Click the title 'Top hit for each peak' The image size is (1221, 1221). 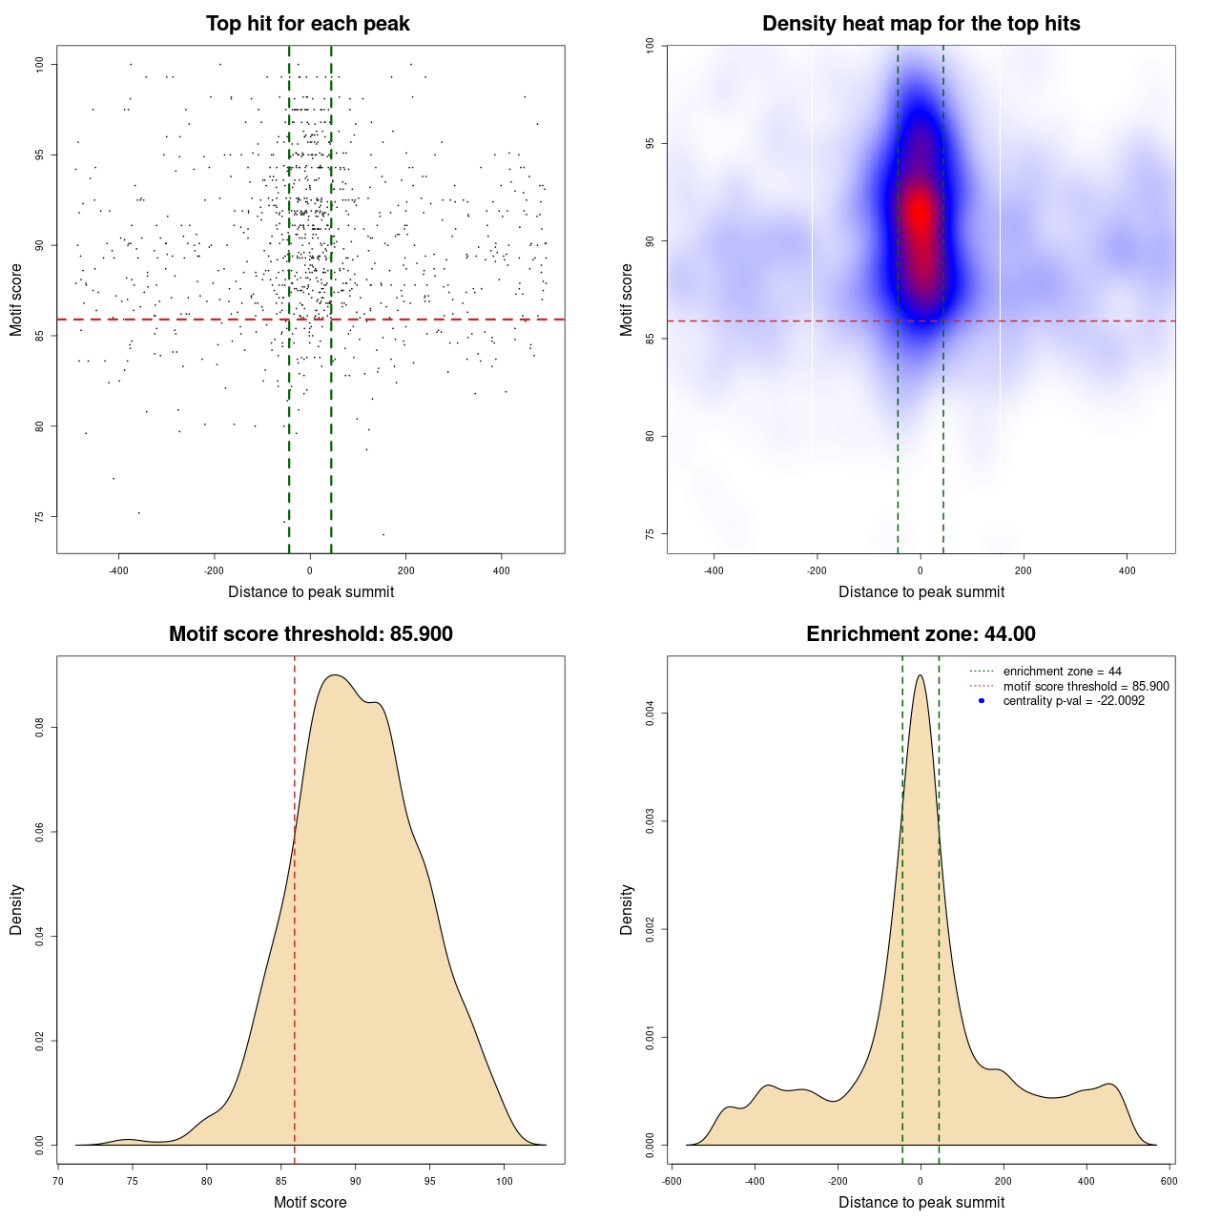coord(308,24)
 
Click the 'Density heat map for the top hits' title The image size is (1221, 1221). coord(921,24)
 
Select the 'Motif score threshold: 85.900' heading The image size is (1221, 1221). coord(310,634)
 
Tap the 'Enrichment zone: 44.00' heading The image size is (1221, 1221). coord(921,634)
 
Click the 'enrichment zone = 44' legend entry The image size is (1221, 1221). coord(1062,672)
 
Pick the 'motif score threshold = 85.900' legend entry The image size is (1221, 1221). coord(1086,686)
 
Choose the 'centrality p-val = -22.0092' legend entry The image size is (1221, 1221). coord(1073,701)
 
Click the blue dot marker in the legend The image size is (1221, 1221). coord(982,701)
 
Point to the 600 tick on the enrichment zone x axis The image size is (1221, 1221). coord(1169,1181)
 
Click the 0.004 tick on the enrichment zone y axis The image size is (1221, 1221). coord(651,714)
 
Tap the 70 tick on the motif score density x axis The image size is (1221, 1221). coord(58,1181)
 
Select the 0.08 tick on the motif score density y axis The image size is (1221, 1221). coord(40,728)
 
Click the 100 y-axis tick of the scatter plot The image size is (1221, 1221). coord(40,64)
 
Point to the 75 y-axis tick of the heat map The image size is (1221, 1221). coord(651,533)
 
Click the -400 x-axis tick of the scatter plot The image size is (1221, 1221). coord(118,570)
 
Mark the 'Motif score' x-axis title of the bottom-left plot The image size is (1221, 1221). coord(310,1202)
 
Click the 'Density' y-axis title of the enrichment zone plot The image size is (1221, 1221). coord(627,909)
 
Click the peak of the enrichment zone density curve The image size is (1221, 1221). coord(920,675)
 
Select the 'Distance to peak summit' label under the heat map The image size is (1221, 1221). coord(921,591)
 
